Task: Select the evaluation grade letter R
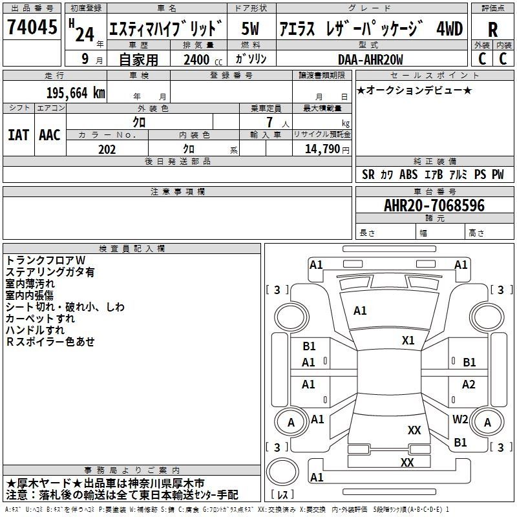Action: pos(492,30)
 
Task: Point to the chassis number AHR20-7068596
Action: pos(434,206)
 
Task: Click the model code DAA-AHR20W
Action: pos(370,59)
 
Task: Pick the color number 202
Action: pos(107,149)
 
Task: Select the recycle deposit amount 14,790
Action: pos(324,149)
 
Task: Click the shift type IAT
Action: pos(18,135)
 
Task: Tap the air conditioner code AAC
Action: pos(50,135)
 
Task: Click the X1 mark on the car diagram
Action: pos(408,341)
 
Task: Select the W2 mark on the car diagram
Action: pos(460,419)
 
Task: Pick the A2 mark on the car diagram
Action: pos(469,385)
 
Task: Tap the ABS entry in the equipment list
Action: pos(408,174)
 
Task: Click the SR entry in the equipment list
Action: pos(368,174)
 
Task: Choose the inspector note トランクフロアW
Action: pos(41,260)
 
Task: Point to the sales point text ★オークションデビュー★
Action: pos(414,90)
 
